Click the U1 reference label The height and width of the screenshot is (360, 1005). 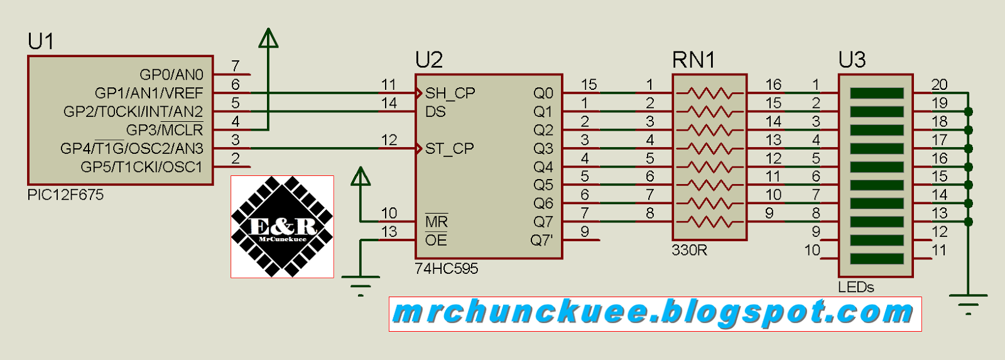coord(41,41)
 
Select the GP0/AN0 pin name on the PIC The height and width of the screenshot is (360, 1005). coord(171,75)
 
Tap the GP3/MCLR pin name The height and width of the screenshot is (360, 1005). coord(165,130)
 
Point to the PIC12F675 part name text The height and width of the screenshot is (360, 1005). coord(65,195)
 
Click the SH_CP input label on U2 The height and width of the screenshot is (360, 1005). coord(450,93)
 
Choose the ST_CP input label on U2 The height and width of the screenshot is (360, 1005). coord(449,149)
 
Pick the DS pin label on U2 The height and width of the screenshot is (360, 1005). coord(435,112)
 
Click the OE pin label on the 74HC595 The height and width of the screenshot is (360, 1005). coord(436,241)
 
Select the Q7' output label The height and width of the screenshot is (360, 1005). coord(541,241)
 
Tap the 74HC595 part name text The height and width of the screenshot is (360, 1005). coord(447,269)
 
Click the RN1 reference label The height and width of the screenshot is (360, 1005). coord(693,60)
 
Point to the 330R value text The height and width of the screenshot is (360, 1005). coord(689,250)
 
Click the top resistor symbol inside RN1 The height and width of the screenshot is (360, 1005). coord(710,94)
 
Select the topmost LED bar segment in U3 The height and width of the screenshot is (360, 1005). coord(876,93)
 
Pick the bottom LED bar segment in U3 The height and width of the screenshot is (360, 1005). coord(876,259)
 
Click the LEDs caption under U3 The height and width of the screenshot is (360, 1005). coord(856,287)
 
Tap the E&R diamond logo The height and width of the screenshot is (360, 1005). coord(282,227)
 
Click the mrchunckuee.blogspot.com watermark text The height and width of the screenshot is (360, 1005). coord(654,313)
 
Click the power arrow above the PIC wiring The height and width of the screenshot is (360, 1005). coord(268,38)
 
